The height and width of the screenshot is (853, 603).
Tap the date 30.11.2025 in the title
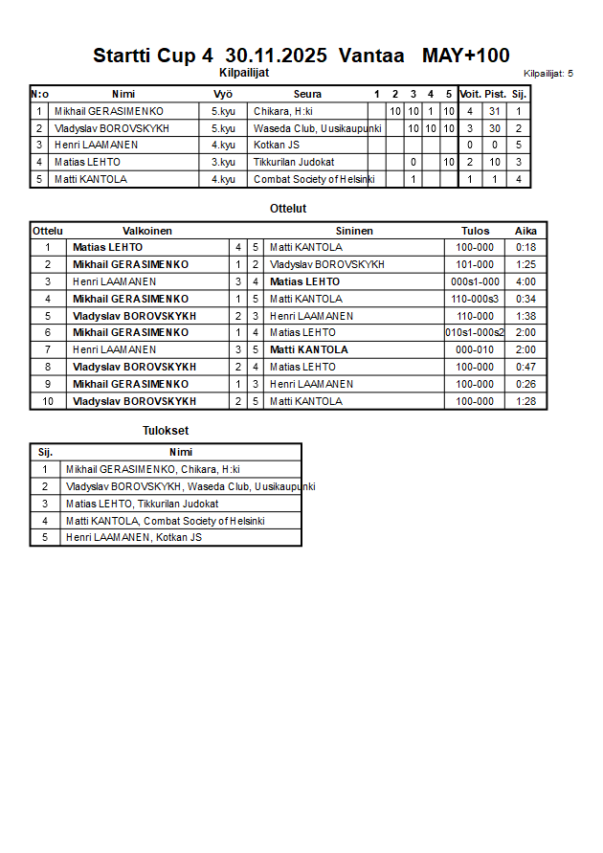point(277,56)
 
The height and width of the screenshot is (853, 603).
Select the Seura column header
point(307,94)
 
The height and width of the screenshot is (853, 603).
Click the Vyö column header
point(223,94)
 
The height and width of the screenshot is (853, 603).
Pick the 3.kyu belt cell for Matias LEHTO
point(223,162)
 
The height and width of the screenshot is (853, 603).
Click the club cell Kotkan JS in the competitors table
point(277,146)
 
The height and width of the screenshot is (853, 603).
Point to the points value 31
point(494,111)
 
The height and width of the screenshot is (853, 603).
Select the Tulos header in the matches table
point(475,231)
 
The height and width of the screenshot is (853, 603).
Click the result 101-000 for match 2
point(475,264)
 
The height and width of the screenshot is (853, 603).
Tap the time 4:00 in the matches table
point(525,281)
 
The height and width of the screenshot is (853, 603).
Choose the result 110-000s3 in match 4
point(475,299)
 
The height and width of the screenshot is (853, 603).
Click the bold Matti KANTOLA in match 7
point(309,350)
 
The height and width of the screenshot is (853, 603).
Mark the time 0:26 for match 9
point(525,384)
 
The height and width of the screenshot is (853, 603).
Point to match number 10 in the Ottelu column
point(47,401)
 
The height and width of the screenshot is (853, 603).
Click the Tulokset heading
point(166,431)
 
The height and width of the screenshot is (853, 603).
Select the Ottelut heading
point(288,209)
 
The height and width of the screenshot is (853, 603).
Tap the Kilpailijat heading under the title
point(245,72)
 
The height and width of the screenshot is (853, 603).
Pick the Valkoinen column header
point(147,231)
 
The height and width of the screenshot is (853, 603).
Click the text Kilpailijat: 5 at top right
point(548,73)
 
